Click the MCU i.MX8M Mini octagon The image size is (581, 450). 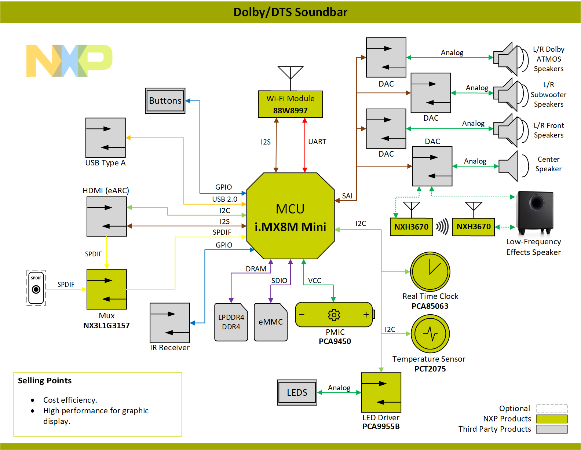[290, 216]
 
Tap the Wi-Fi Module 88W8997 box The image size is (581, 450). [290, 104]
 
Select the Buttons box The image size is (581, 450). [165, 101]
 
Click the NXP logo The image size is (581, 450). [69, 61]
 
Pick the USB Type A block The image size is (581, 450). [105, 138]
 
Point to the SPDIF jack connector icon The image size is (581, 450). [36, 288]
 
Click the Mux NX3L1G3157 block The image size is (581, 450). [106, 289]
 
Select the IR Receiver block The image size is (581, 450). [170, 323]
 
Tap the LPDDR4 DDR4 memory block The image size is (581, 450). [231, 322]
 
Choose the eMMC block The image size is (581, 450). [271, 322]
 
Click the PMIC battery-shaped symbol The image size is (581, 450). [335, 315]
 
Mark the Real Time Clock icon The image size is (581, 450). [430, 271]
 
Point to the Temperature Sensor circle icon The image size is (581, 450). [430, 334]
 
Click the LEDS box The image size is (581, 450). [297, 392]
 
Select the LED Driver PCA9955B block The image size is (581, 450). [381, 392]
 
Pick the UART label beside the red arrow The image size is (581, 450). [317, 142]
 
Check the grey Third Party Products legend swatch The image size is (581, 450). [552, 429]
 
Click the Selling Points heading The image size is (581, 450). [45, 381]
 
